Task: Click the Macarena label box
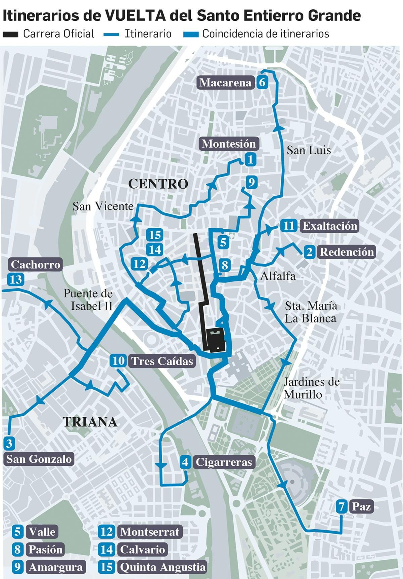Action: pos(225,83)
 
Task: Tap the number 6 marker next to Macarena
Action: pos(262,83)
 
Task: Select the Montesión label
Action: pos(229,144)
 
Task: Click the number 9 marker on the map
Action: pos(251,182)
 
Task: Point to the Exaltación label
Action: pos(329,226)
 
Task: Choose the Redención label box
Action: pos(347,252)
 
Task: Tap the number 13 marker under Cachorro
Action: pos(16,280)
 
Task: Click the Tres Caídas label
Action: pos(162,361)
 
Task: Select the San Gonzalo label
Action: pos(39,459)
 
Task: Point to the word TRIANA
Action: pos(90,422)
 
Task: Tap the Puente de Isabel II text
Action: pos(88,300)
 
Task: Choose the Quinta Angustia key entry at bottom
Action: pos(162,567)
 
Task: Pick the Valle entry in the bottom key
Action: pos(42,532)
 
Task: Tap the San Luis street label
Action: pos(309,150)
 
